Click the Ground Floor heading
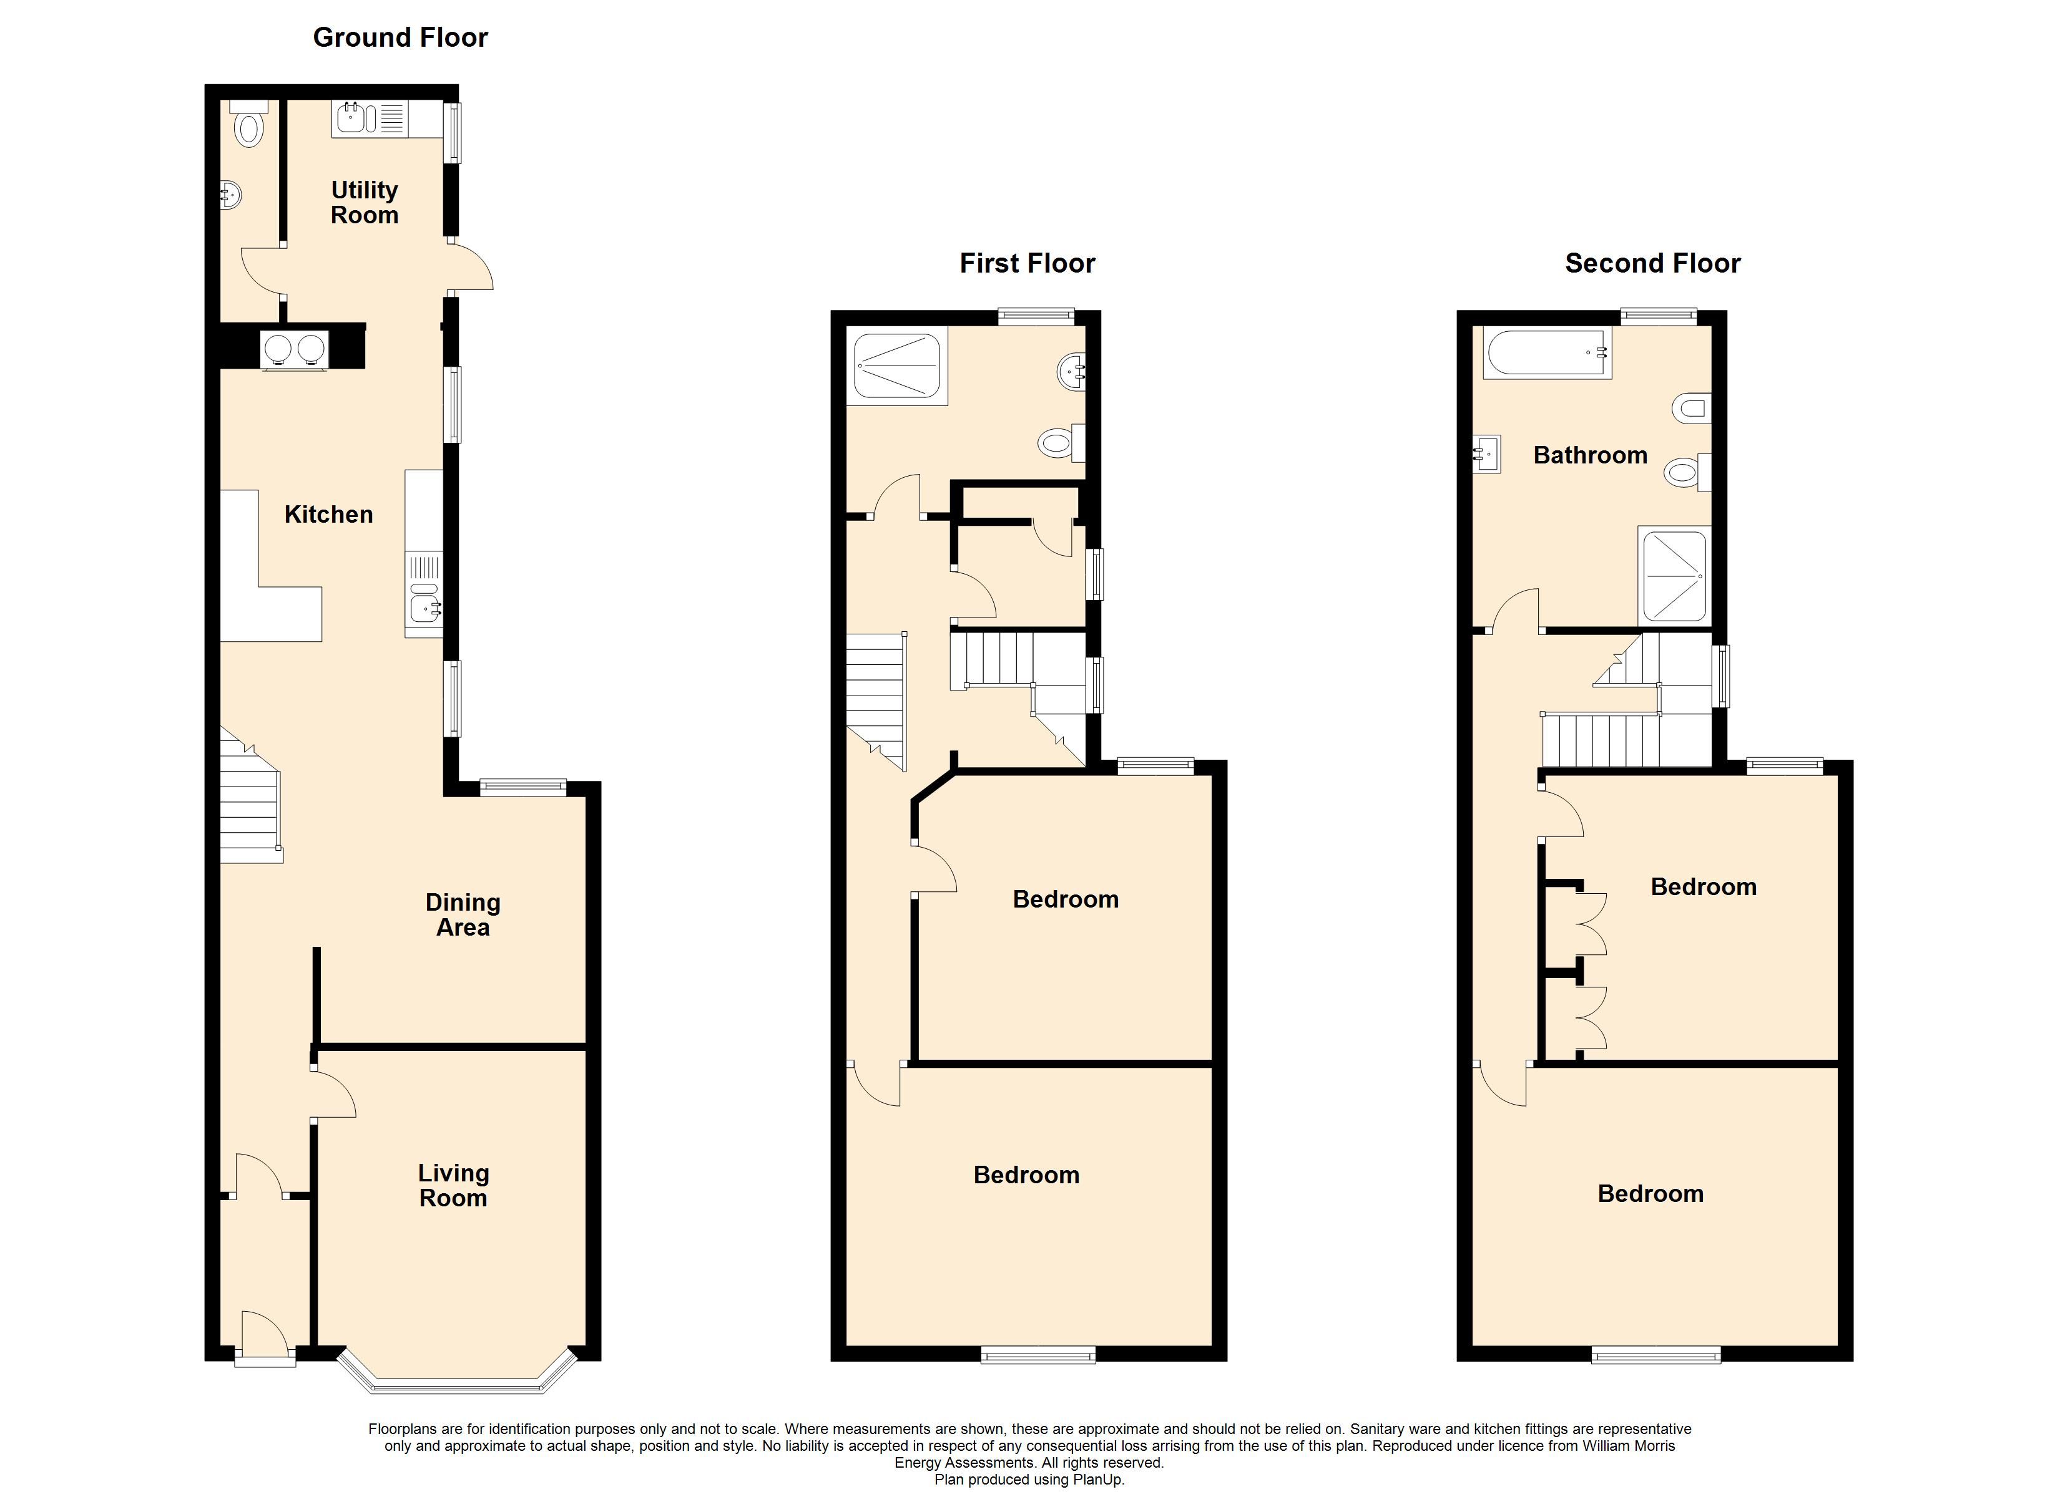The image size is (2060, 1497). coord(401,37)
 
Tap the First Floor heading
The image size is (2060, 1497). coord(1028,263)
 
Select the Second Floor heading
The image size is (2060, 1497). coord(1652,263)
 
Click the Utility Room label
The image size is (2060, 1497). coord(364,203)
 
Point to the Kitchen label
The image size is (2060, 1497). coord(329,515)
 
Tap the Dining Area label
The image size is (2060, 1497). coord(463,915)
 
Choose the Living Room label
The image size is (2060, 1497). coord(453,1186)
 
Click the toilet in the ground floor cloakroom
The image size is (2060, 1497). coord(248,124)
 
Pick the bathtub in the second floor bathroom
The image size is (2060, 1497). coord(1547,352)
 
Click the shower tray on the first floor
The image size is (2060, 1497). coord(898,366)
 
